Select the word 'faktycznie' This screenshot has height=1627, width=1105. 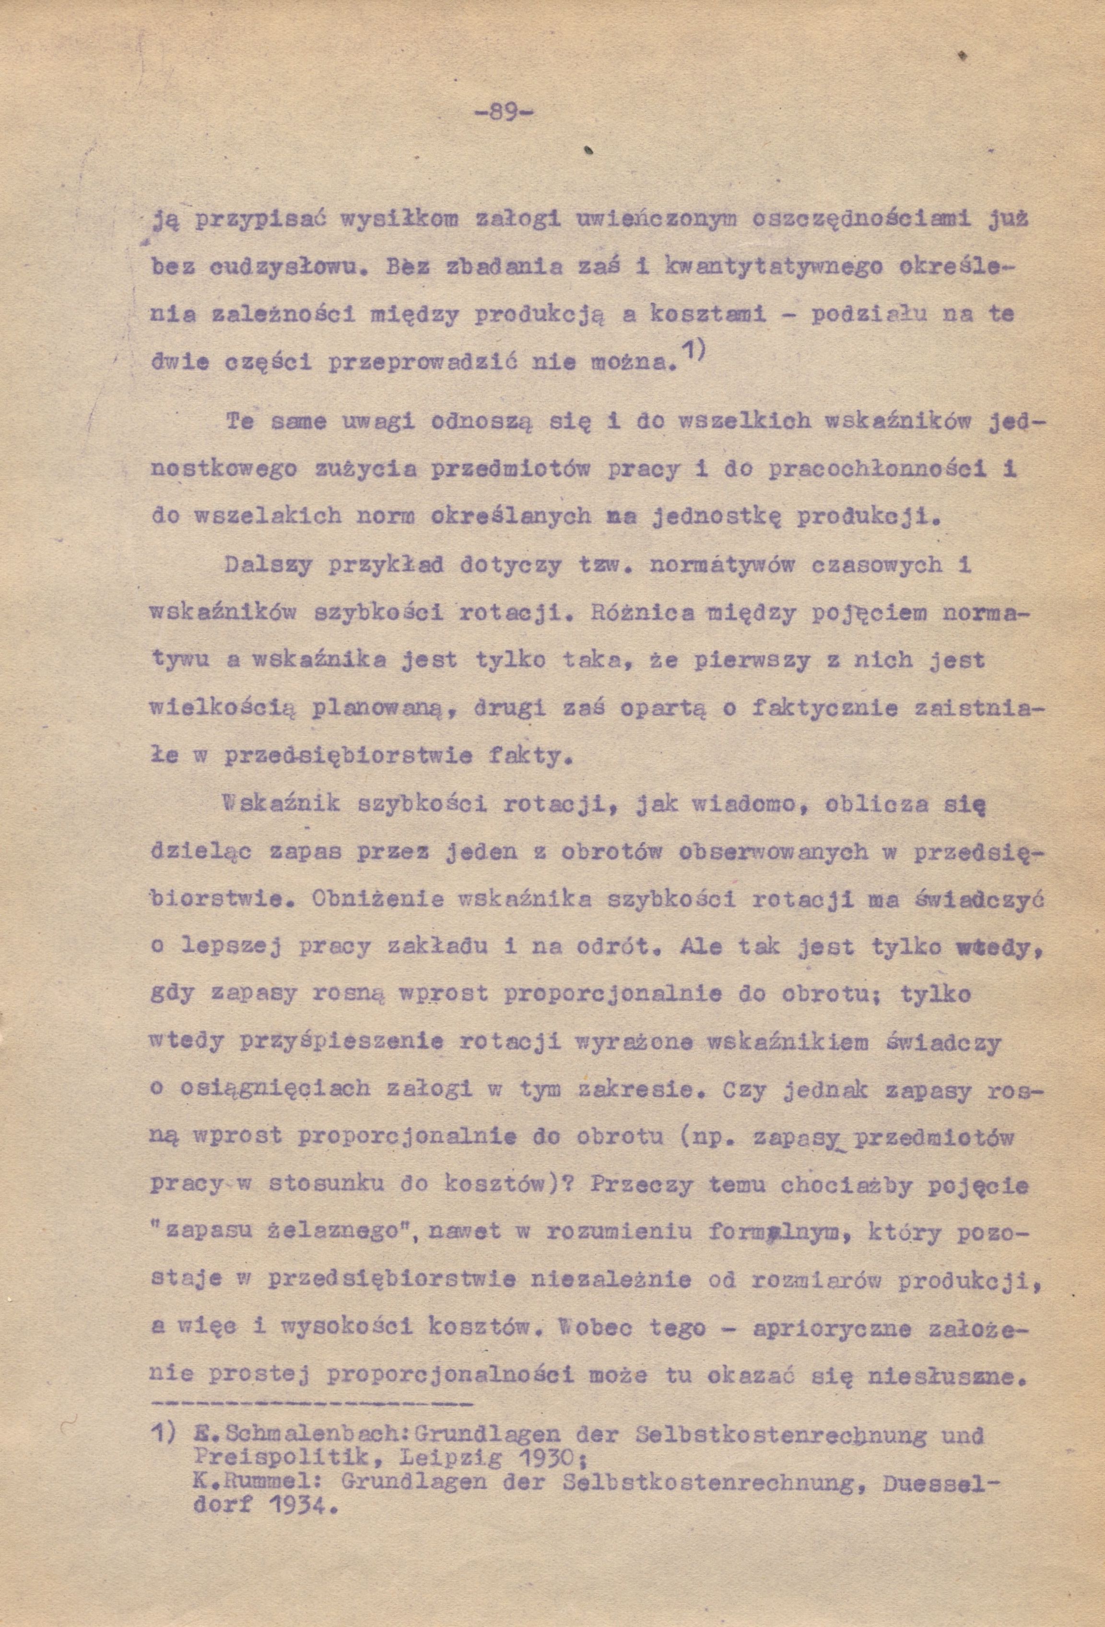click(x=823, y=708)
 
